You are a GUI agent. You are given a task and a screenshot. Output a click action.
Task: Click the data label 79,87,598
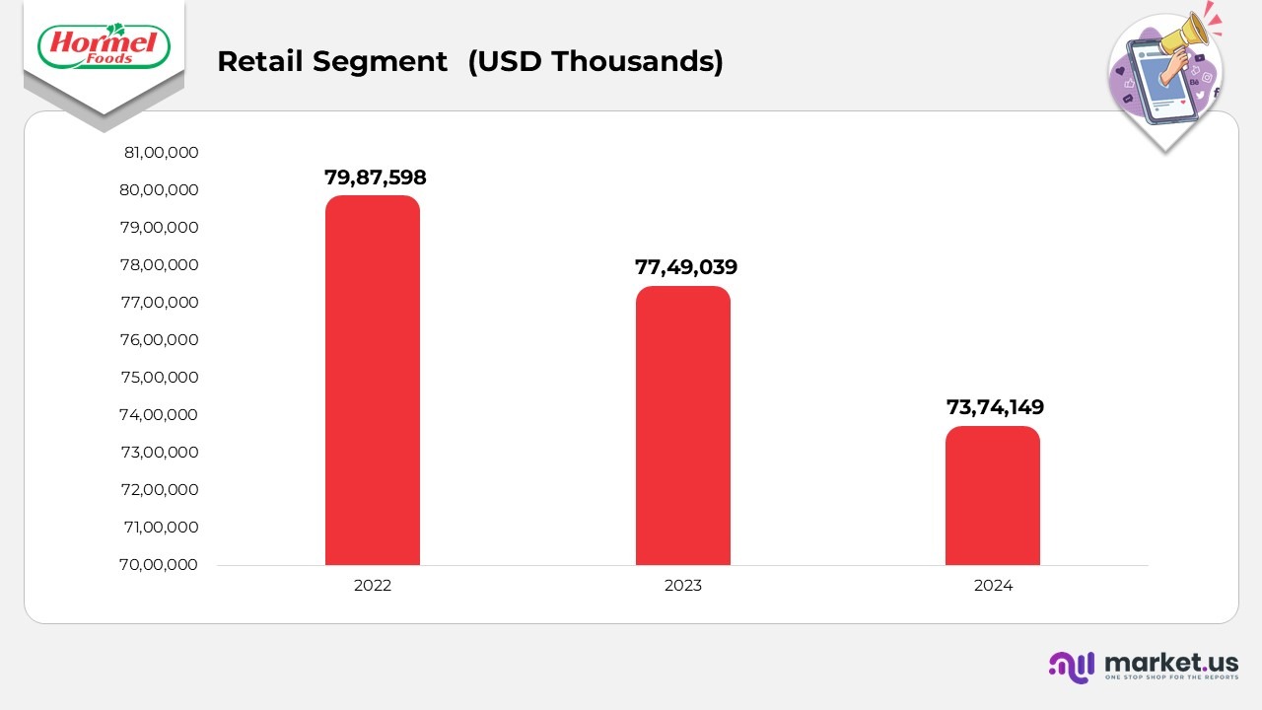pos(376,177)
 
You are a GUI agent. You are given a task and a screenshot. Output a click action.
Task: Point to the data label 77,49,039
pos(686,267)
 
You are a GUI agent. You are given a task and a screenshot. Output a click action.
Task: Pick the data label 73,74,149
pos(995,407)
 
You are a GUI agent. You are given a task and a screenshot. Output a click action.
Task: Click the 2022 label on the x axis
pos(373,586)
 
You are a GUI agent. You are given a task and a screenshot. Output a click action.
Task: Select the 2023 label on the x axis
pos(682,586)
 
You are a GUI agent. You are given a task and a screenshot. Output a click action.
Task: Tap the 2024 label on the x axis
pos(993,586)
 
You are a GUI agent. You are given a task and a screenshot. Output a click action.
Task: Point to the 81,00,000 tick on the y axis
pos(161,153)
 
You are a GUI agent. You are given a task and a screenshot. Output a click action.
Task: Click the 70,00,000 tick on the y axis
pos(161,565)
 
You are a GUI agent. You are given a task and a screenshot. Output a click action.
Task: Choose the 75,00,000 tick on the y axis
pos(161,378)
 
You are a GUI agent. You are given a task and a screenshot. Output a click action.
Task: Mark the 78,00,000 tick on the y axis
pos(161,265)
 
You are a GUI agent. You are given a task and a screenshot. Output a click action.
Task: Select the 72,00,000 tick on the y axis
pos(161,490)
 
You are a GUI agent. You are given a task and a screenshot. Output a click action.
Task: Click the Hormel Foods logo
pos(103,46)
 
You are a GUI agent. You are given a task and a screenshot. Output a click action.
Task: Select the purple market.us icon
pos(1072,667)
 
